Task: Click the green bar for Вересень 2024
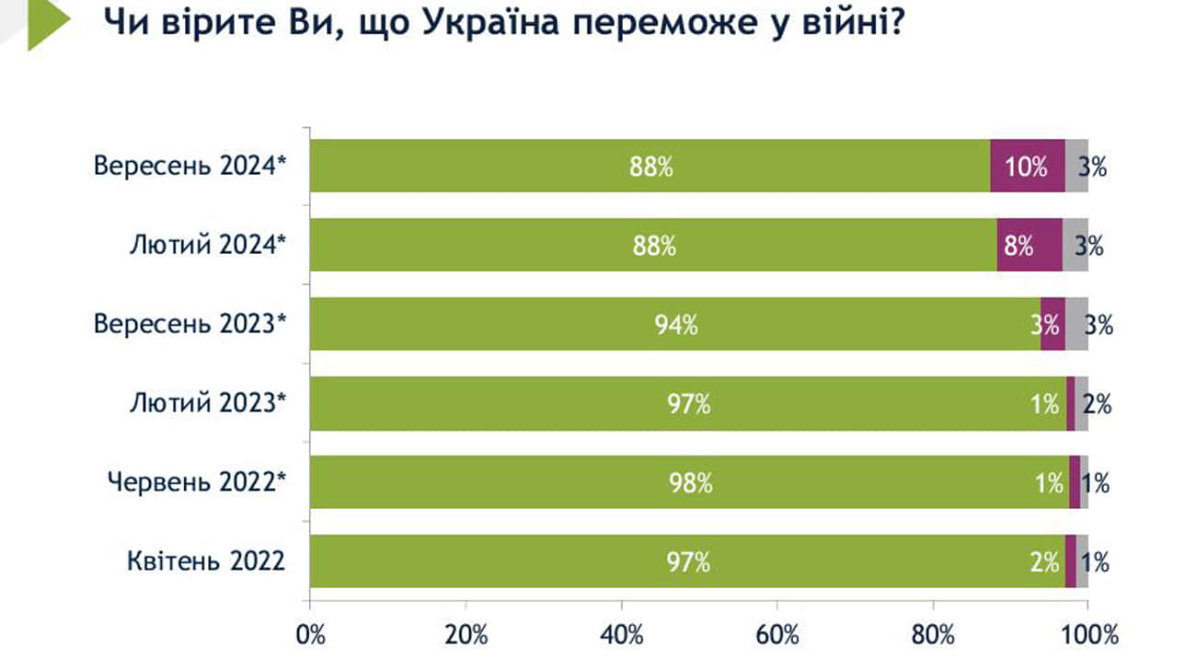tap(650, 166)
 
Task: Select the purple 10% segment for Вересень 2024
tap(1027, 166)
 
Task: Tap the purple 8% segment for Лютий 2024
tap(1029, 245)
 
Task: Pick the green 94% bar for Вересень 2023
tap(675, 324)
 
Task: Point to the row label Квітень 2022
tap(206, 561)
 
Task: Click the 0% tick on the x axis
tap(310, 634)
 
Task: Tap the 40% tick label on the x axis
tap(622, 634)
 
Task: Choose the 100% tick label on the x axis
tap(1087, 634)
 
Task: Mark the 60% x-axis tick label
tap(777, 634)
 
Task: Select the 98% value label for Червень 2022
tap(691, 482)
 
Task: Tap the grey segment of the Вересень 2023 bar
tap(1076, 324)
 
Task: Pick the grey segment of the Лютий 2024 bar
tap(1075, 245)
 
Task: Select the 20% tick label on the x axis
tap(466, 634)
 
